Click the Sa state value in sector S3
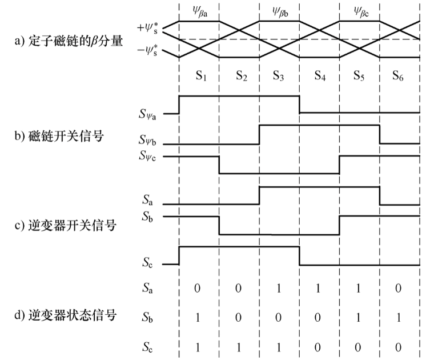(279, 289)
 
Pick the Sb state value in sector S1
(198, 315)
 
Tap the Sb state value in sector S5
(359, 315)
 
